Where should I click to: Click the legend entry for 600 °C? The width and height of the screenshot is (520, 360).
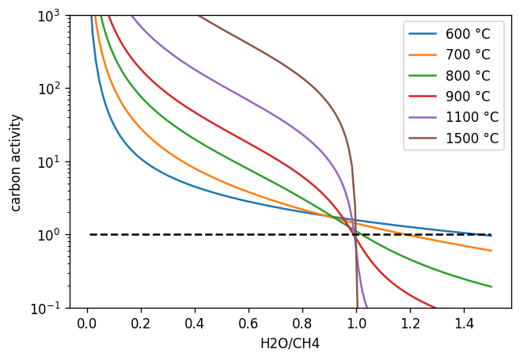point(468,34)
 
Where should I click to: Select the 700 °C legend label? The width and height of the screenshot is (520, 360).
point(468,55)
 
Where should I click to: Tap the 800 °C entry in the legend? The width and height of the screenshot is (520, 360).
point(468,76)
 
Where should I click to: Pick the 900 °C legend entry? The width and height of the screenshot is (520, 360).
point(468,97)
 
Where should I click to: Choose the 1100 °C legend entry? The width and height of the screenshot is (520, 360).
point(471,118)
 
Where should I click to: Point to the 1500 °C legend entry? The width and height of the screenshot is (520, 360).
point(471,138)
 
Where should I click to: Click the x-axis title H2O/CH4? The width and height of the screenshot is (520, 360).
point(290,344)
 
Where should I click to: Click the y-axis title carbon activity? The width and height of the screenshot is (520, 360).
point(16,162)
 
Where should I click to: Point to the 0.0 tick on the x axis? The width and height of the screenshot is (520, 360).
point(87,323)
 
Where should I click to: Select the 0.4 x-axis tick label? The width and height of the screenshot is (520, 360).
point(195,323)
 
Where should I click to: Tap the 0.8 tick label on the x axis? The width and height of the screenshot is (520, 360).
point(302,323)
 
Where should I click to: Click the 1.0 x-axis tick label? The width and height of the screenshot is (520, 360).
point(356,323)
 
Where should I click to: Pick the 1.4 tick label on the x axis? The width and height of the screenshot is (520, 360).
point(464,323)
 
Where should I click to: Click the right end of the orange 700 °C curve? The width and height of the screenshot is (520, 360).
point(491,251)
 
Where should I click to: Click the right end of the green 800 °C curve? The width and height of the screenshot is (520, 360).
point(491,286)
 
